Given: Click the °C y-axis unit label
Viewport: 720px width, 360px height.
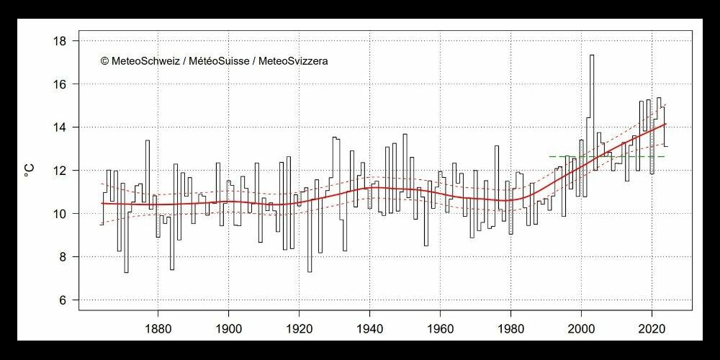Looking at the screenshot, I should [x=30, y=171].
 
